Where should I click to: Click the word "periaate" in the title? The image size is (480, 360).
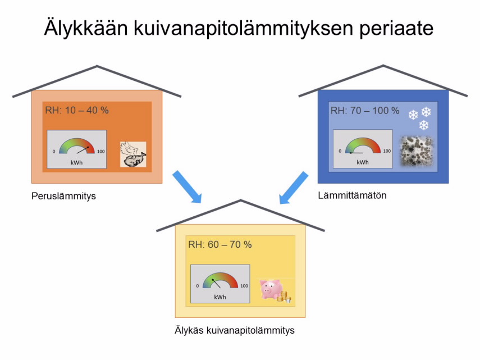click(x=396, y=28)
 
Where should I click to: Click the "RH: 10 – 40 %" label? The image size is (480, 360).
click(x=77, y=110)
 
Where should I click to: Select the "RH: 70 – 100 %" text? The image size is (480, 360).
click(x=365, y=111)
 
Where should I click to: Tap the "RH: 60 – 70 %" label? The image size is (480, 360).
click(x=220, y=245)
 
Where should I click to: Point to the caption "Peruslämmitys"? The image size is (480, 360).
click(x=63, y=196)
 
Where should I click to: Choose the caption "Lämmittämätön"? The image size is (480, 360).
click(x=352, y=195)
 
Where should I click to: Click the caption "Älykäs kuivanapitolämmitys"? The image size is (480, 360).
click(x=235, y=330)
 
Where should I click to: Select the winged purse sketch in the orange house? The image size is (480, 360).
click(x=133, y=154)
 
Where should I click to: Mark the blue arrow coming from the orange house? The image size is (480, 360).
click(x=187, y=187)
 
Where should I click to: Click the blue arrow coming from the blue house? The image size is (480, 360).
click(x=294, y=188)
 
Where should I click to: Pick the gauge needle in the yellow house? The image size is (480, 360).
click(x=216, y=284)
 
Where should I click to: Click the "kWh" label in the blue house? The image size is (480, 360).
click(x=363, y=162)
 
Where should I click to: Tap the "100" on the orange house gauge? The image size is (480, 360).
click(x=100, y=151)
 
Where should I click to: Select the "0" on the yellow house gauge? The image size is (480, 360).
click(x=198, y=286)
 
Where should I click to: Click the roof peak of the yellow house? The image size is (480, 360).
click(x=241, y=200)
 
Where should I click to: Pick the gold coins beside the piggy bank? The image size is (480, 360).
click(x=285, y=297)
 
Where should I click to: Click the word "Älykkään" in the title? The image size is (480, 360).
click(x=86, y=28)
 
